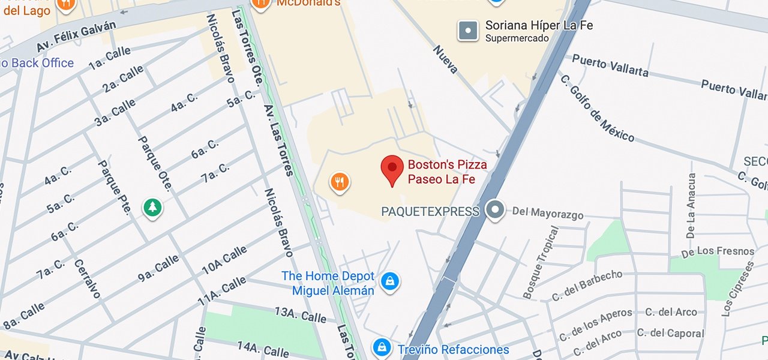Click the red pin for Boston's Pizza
(392, 169)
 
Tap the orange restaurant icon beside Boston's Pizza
(340, 181)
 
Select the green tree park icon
(153, 208)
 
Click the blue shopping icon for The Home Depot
(390, 280)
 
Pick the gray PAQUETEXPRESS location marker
(495, 210)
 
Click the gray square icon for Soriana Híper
(468, 31)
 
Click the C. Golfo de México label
(596, 108)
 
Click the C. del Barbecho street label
(587, 286)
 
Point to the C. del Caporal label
(670, 333)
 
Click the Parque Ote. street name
(155, 163)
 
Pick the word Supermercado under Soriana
(517, 38)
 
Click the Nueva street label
(445, 59)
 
